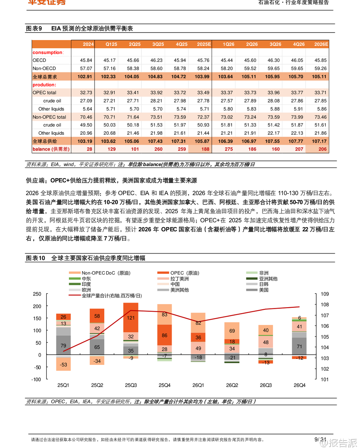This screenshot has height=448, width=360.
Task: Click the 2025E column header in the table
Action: [204, 44]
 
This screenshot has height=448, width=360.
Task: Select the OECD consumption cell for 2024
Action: [86, 60]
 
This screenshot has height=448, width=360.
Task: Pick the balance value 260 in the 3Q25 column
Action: [158, 149]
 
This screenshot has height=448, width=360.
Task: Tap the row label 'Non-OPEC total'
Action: [49, 117]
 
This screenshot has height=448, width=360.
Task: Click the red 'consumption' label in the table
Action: [48, 52]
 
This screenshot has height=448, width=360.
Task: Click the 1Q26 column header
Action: [229, 44]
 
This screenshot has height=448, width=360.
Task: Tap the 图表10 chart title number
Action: [35, 258]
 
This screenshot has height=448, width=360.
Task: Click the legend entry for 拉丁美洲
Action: [179, 279]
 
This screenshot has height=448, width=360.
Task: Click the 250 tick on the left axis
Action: [37, 294]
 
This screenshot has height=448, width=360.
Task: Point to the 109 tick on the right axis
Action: [325, 294]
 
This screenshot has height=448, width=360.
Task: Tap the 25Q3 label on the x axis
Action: [131, 385]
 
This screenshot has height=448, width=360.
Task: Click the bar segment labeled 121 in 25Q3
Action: [131, 318]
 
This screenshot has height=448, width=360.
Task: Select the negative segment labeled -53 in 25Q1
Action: [63, 365]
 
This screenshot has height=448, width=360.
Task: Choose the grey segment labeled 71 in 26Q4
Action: [299, 347]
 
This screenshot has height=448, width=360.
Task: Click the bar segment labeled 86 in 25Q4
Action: [164, 335]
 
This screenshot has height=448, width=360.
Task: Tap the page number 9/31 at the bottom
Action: [320, 440]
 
